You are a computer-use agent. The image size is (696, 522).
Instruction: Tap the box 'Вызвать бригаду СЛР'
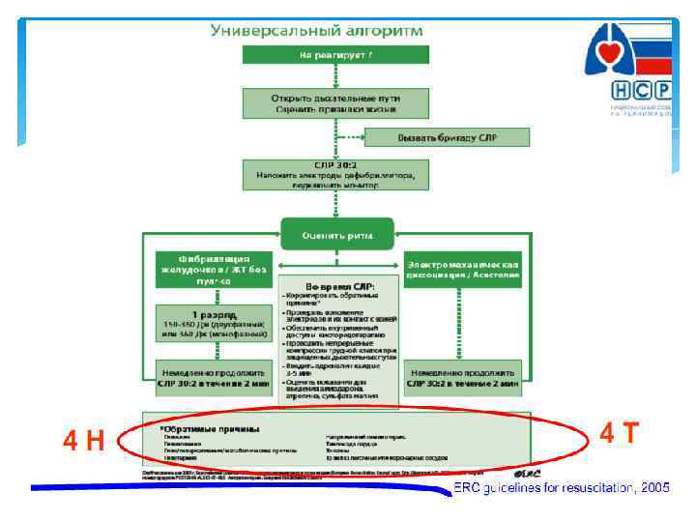[x=447, y=137]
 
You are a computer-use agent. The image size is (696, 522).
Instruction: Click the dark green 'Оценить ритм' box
[x=337, y=233]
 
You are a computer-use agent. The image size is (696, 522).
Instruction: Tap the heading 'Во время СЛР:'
[x=337, y=285]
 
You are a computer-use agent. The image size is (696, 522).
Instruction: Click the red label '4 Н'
[x=84, y=442]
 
